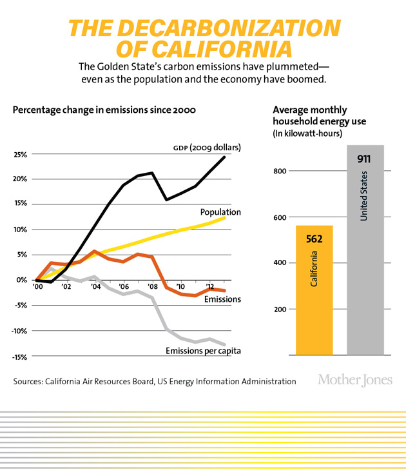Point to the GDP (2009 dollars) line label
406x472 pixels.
pyautogui.click(x=206, y=148)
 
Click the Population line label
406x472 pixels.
pyautogui.click(x=220, y=212)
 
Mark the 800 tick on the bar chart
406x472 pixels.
pyautogui.click(x=278, y=172)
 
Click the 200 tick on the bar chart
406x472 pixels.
pyautogui.click(x=278, y=310)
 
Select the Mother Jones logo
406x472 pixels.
pyautogui.click(x=354, y=380)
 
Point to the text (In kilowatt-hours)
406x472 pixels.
pyautogui.click(x=307, y=133)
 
